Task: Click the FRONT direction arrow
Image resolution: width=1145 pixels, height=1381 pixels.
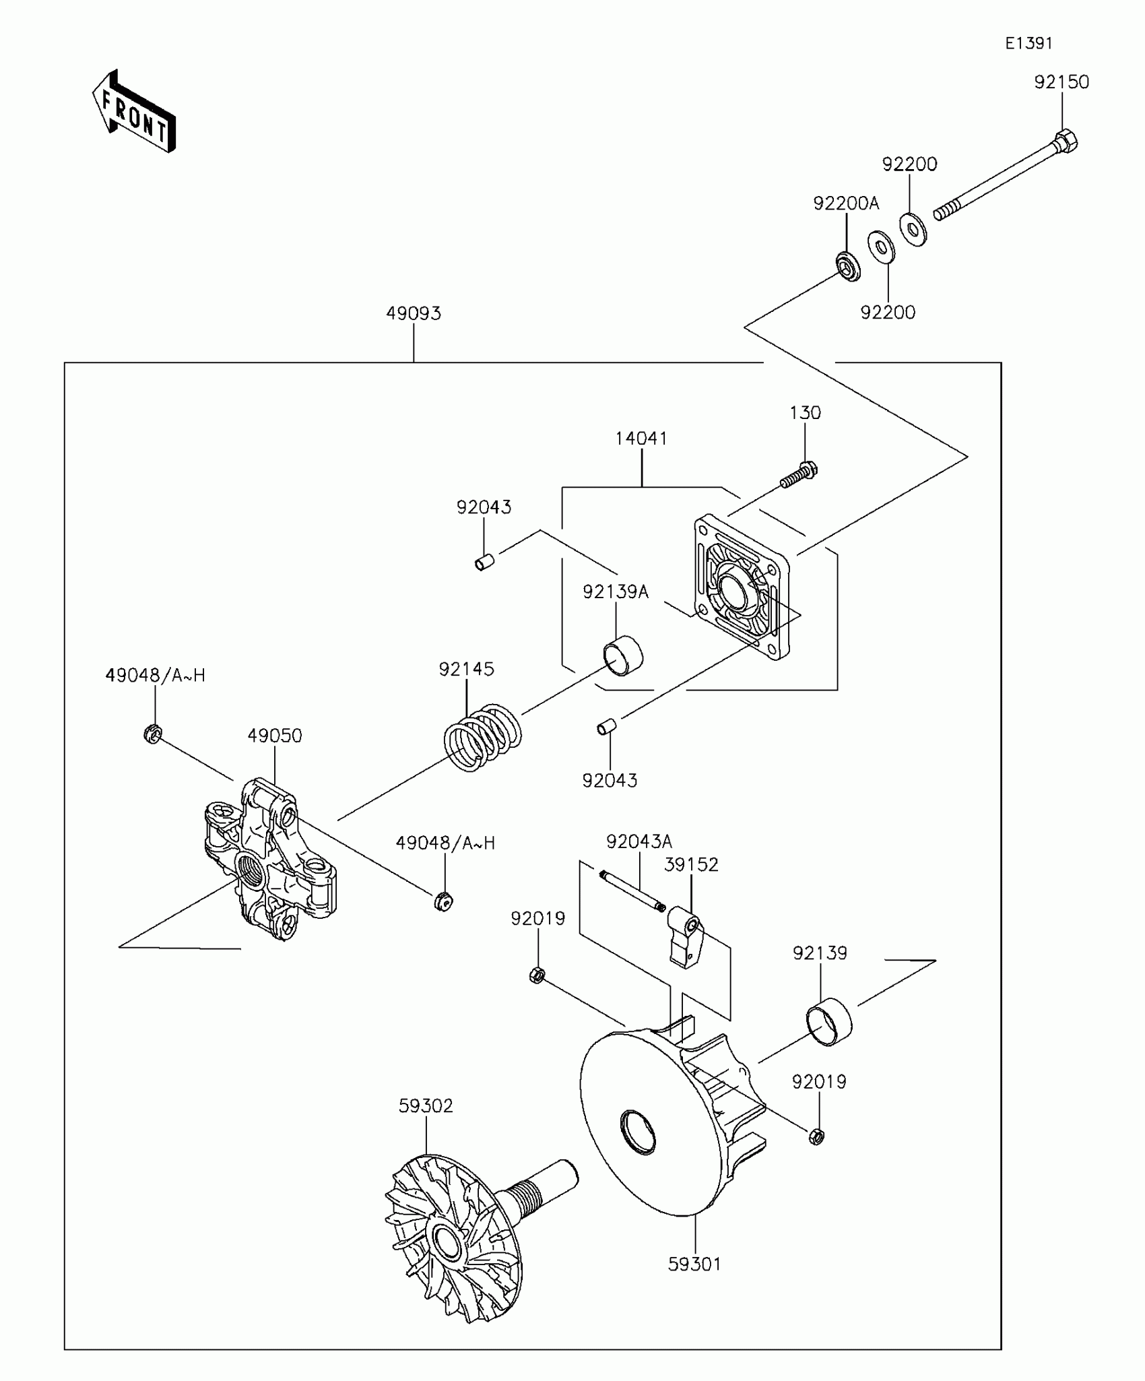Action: coord(133,112)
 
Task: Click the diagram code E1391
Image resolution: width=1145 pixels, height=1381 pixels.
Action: coord(1028,43)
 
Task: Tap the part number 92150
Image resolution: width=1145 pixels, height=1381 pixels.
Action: coord(1061,82)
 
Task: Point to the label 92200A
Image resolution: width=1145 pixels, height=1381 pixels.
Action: coord(846,203)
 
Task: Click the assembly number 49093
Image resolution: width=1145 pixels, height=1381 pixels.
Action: coord(414,313)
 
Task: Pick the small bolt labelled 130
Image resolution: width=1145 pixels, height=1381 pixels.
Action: coord(799,474)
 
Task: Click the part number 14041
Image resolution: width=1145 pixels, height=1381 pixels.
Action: coord(641,439)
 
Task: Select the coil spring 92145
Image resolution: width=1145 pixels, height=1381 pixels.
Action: coord(482,738)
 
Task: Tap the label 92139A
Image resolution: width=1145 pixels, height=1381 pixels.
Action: coord(615,592)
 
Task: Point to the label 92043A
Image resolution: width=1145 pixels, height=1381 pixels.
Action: coord(639,841)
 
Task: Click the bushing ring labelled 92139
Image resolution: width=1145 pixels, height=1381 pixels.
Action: coord(829,1021)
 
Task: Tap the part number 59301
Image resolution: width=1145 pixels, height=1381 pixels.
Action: coord(694,1264)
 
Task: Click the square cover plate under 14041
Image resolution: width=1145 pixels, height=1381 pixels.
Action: coord(741,587)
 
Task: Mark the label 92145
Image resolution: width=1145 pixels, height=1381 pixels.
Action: coord(466,669)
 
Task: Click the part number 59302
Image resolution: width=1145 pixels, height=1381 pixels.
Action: coord(426,1105)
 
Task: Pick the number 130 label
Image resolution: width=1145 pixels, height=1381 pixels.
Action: coord(805,413)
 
